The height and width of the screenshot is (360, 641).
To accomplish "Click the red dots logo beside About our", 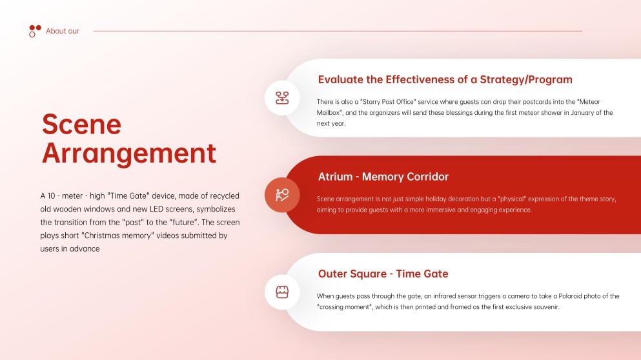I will point(35,30).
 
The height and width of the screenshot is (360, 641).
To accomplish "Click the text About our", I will point(63,31).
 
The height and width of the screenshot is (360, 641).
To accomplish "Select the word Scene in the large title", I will point(81,124).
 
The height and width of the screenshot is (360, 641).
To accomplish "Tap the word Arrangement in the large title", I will point(129,154).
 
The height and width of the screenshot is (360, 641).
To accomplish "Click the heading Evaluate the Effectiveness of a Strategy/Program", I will point(445,80).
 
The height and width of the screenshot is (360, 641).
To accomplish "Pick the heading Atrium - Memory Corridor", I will point(383,177).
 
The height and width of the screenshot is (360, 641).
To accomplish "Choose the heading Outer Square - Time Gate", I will point(383,274).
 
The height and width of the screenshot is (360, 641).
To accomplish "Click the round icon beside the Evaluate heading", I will point(282,98).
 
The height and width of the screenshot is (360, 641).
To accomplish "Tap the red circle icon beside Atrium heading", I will point(282,195).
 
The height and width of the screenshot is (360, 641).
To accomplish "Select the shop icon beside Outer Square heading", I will point(282,292).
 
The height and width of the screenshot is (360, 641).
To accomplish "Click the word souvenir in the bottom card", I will point(545,307).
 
